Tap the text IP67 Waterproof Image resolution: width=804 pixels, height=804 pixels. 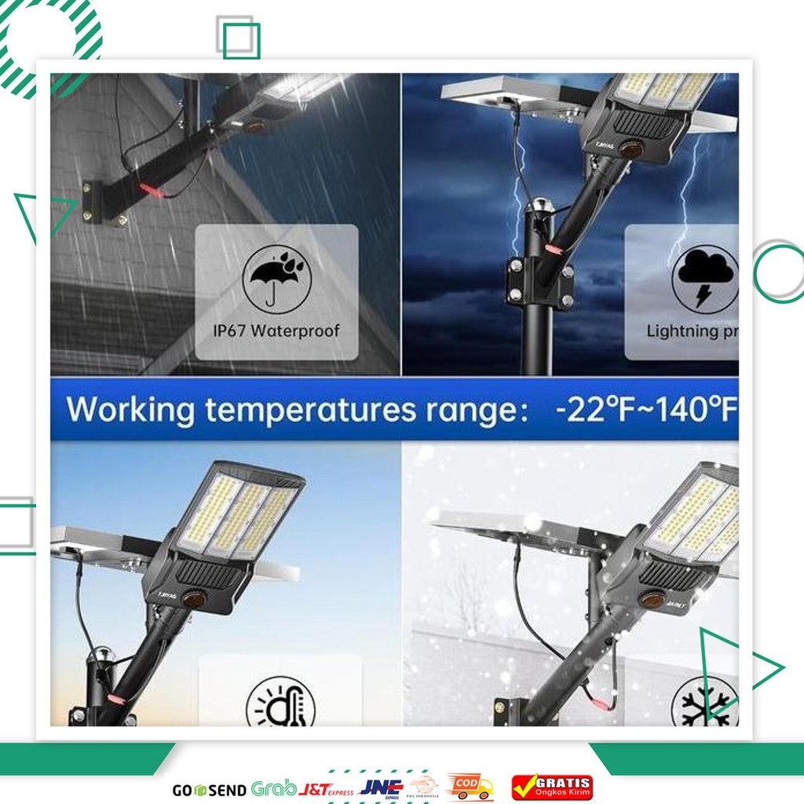tap(276, 330)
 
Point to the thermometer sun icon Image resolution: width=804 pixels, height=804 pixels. tap(280, 703)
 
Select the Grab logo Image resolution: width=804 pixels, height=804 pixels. tap(273, 788)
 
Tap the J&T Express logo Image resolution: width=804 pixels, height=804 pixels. tap(327, 789)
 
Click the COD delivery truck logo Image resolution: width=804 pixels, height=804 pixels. tap(469, 787)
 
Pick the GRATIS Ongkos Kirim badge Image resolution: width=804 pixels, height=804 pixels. tap(552, 787)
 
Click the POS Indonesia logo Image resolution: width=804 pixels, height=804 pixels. tap(426, 788)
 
